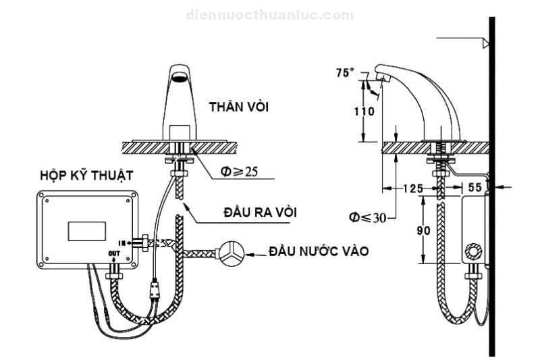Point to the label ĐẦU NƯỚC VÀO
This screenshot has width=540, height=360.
[319, 251]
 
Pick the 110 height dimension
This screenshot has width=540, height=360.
[364, 111]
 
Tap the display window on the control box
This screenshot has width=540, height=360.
[86, 230]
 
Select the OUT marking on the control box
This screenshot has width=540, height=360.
[113, 253]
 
